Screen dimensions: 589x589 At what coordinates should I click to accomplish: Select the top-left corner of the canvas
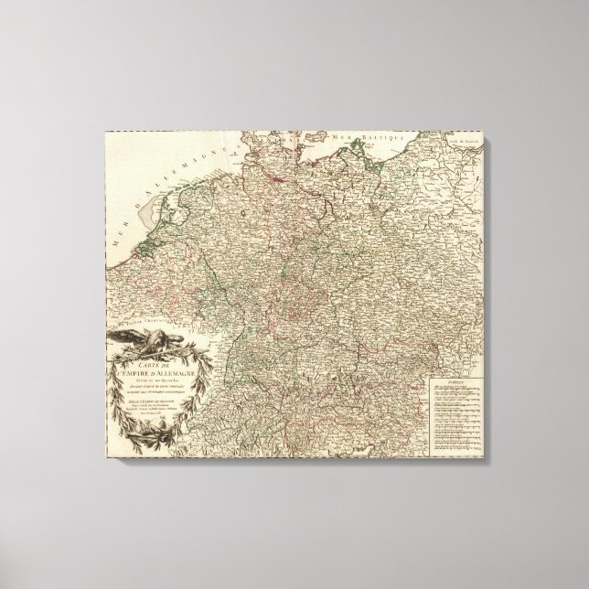(x=105, y=128)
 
